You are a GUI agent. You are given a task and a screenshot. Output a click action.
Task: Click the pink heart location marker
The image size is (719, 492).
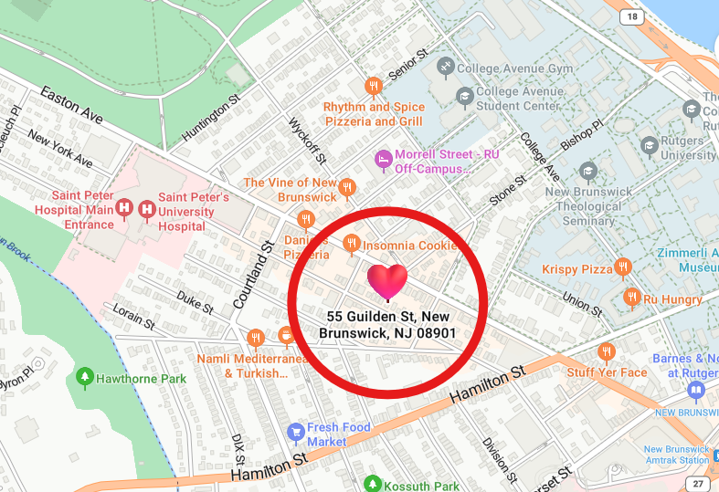pyautogui.click(x=386, y=281)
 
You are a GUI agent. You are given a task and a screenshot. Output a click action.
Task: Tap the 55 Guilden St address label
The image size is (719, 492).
pyautogui.click(x=387, y=325)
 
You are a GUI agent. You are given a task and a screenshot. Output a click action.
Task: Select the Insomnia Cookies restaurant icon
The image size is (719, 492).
pyautogui.click(x=351, y=243)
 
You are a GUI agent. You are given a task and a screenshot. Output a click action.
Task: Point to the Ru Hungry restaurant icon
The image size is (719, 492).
pyautogui.click(x=630, y=297)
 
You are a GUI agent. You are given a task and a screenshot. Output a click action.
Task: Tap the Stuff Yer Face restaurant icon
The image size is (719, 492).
pyautogui.click(x=606, y=352)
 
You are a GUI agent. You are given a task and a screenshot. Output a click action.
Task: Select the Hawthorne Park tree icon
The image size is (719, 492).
pyautogui.click(x=85, y=375)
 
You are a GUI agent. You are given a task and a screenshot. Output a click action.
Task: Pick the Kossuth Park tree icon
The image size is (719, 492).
pyautogui.click(x=371, y=484)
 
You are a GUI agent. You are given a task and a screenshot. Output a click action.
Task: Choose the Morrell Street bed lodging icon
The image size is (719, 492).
pyautogui.click(x=384, y=161)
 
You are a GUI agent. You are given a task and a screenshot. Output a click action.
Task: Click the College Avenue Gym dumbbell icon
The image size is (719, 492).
pyautogui.click(x=445, y=67)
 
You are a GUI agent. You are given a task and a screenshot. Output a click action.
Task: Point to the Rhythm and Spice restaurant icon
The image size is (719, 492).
pyautogui.click(x=373, y=87)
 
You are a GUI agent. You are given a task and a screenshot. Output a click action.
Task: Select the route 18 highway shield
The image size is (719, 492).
pyautogui.click(x=631, y=17)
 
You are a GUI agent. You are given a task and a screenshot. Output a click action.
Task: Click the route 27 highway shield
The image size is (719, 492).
pyautogui.click(x=698, y=483)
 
